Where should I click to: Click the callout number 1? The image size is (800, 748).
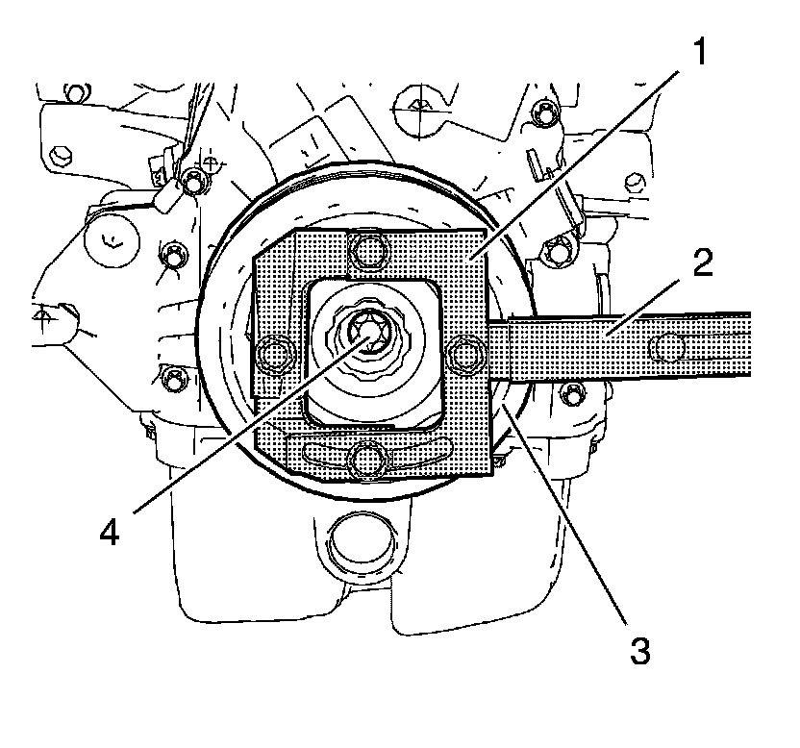pos(703,51)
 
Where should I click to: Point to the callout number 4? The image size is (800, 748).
pos(113,532)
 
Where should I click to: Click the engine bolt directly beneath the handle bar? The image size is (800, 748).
pos(573,391)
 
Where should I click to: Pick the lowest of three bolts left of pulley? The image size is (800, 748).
pos(173,378)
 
